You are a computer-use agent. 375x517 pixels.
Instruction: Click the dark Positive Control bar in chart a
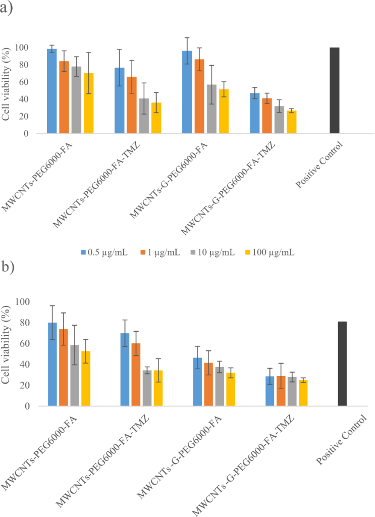click(334, 90)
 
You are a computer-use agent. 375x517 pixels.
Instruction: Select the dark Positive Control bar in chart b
click(342, 364)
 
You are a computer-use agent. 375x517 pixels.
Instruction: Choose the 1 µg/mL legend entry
click(160, 252)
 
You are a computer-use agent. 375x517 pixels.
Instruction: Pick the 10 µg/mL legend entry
click(214, 252)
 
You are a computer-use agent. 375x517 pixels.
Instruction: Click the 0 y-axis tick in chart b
click(32, 406)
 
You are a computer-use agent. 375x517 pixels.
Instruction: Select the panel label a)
click(7, 8)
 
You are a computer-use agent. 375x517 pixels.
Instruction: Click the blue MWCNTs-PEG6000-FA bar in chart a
click(51, 91)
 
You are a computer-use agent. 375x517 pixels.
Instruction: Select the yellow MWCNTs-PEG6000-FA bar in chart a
click(89, 104)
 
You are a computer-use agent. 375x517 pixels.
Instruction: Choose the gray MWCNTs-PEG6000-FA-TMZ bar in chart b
click(146, 388)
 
